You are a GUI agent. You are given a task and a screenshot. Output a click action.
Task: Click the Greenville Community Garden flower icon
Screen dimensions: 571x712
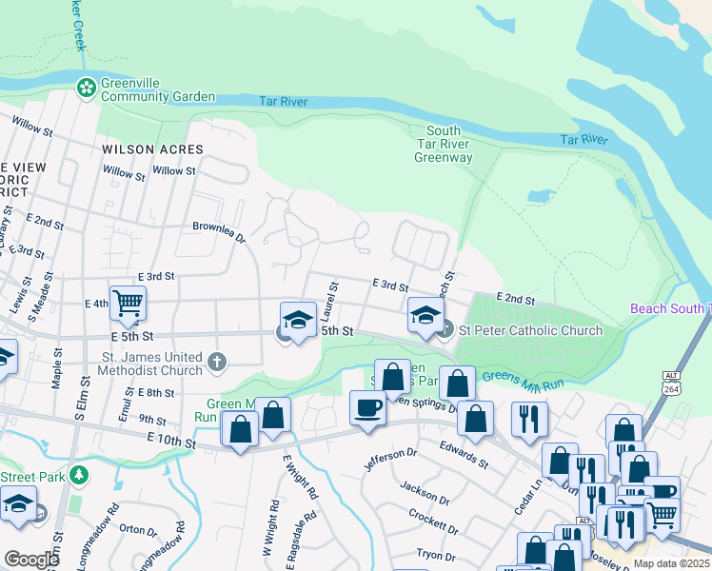tap(87, 88)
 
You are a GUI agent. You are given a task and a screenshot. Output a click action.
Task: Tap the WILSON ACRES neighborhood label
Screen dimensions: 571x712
tap(152, 149)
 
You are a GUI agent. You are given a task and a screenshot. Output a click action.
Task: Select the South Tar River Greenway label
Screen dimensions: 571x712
tap(443, 144)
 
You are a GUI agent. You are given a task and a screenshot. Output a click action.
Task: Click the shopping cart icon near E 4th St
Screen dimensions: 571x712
tap(127, 304)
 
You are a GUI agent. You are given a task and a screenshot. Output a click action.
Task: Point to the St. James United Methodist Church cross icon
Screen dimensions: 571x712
tap(217, 361)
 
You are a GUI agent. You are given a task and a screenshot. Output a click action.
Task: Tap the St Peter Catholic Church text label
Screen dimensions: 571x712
tap(530, 330)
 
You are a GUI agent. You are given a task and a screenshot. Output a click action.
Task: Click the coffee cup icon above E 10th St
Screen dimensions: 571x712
tap(367, 408)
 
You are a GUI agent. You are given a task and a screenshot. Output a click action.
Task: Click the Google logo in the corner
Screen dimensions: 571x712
tap(30, 560)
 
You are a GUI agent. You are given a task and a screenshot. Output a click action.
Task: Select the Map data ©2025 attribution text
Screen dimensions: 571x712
tap(670, 563)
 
